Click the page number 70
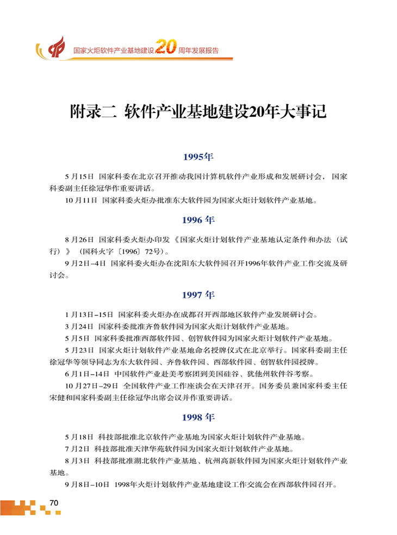pos(53,503)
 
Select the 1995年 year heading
pos(199,157)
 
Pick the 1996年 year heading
pos(199,220)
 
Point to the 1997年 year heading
pos(199,295)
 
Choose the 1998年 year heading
pos(199,418)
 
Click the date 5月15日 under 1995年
pos(79,177)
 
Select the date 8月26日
pos(79,239)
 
